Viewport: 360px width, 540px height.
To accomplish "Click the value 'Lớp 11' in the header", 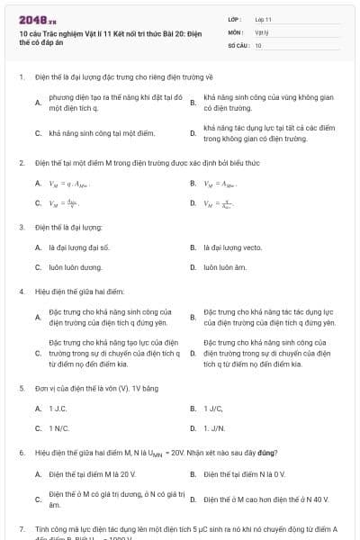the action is point(264,19).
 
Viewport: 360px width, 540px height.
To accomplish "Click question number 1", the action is point(21,77).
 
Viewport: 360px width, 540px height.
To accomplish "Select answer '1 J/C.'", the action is point(213,409).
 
